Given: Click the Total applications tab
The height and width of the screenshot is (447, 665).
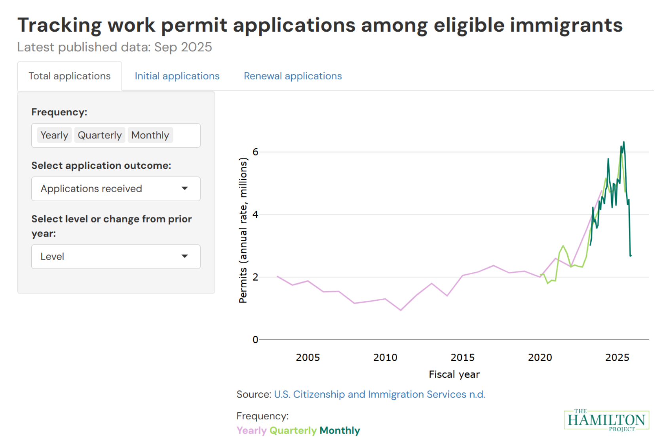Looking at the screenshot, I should click(70, 76).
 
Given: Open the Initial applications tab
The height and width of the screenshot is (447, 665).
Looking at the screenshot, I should click(177, 76).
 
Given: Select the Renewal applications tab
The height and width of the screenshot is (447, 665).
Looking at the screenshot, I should click(293, 76).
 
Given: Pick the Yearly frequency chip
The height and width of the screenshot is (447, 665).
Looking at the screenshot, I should click(54, 135).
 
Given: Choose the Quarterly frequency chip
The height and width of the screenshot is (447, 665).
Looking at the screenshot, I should click(100, 135).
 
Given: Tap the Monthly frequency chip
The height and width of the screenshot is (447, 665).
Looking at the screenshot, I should click(150, 135).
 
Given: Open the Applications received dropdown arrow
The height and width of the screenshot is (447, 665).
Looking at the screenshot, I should click(184, 189).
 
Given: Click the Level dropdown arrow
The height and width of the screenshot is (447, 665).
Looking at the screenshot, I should click(184, 257).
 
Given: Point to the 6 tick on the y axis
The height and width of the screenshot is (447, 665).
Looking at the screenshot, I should click(255, 152).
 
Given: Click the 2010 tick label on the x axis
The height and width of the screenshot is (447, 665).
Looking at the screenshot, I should click(385, 357).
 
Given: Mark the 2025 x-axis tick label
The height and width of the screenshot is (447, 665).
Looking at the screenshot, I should click(617, 357).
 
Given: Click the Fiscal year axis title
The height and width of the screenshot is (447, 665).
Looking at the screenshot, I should click(454, 374).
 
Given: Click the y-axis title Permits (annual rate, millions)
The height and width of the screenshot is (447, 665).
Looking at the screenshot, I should click(243, 230).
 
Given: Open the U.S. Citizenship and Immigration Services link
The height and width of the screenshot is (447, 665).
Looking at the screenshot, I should click(379, 394).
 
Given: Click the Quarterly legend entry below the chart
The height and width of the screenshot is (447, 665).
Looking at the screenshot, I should click(293, 430).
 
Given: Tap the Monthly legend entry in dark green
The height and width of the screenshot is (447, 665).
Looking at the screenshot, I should click(340, 430).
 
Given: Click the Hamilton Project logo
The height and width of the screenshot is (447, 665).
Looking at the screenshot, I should click(606, 420).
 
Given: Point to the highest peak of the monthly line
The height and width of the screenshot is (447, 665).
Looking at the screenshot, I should click(623, 142).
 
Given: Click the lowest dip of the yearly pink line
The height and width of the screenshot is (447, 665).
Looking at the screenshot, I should click(401, 310).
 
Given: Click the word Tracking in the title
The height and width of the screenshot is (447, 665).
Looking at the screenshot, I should click(59, 25).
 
